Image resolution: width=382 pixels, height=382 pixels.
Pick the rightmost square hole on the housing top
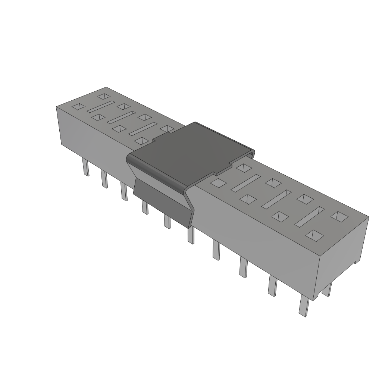339,216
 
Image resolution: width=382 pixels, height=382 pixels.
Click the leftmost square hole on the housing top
78,106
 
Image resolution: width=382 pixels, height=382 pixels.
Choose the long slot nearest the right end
310,216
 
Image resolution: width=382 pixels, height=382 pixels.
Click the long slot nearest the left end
100,106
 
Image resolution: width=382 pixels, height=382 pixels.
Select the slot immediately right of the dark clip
245,183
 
